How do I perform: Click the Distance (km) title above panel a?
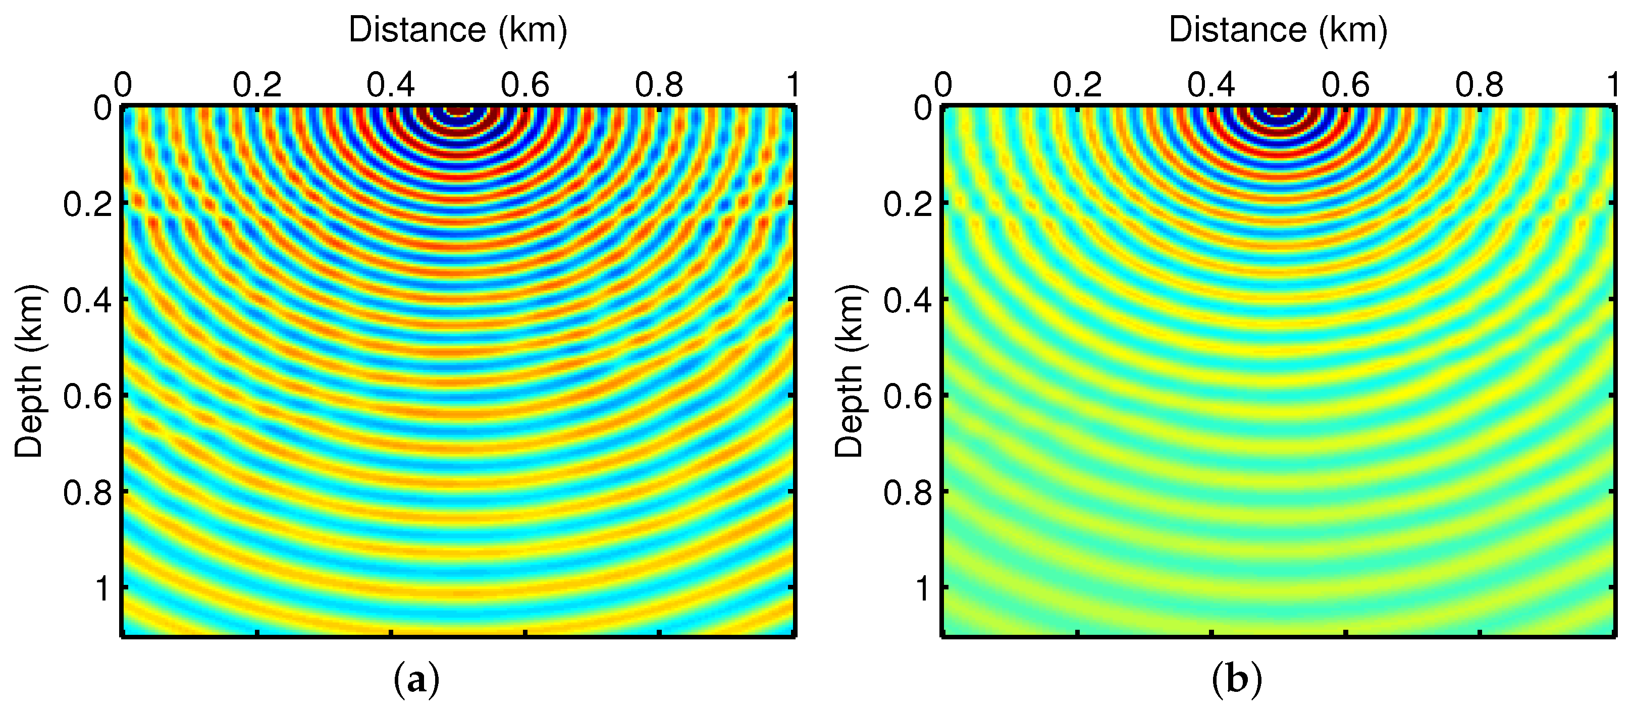pyautogui.click(x=458, y=30)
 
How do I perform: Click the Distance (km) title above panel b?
pyautogui.click(x=1278, y=30)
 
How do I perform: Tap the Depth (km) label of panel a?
pyautogui.click(x=29, y=371)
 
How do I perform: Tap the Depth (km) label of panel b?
pyautogui.click(x=850, y=371)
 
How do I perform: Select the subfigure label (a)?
pyautogui.click(x=416, y=680)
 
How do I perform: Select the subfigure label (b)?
pyautogui.click(x=1236, y=680)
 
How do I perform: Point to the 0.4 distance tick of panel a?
pyautogui.click(x=391, y=85)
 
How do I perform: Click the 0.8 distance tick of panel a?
pyautogui.click(x=659, y=85)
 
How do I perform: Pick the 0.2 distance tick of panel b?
pyautogui.click(x=1077, y=85)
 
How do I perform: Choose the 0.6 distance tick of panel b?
pyautogui.click(x=1345, y=85)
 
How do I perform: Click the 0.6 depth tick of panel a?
pyautogui.click(x=87, y=397)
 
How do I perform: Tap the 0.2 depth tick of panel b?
pyautogui.click(x=908, y=204)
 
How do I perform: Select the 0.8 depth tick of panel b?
pyautogui.click(x=908, y=493)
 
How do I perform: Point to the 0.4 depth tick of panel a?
pyautogui.click(x=87, y=300)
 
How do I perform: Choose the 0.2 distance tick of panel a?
pyautogui.click(x=257, y=85)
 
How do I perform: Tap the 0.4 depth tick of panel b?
pyautogui.click(x=908, y=300)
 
